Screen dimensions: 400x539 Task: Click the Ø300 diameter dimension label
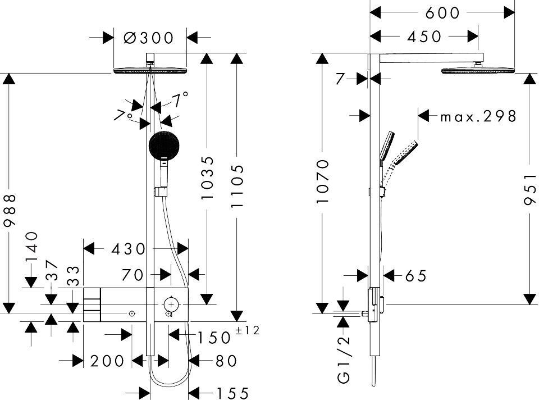point(148,38)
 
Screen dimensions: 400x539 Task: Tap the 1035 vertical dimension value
point(207,178)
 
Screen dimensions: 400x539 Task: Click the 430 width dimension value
point(129,248)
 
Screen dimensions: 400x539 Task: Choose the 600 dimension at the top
point(442,12)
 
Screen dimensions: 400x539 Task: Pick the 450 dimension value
point(424,37)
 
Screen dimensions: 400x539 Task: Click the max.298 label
point(478,116)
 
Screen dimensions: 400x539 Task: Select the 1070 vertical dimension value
point(322,181)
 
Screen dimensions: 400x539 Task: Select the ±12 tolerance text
point(248,330)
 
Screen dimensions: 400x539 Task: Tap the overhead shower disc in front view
point(150,71)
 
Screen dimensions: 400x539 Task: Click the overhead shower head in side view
point(478,70)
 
